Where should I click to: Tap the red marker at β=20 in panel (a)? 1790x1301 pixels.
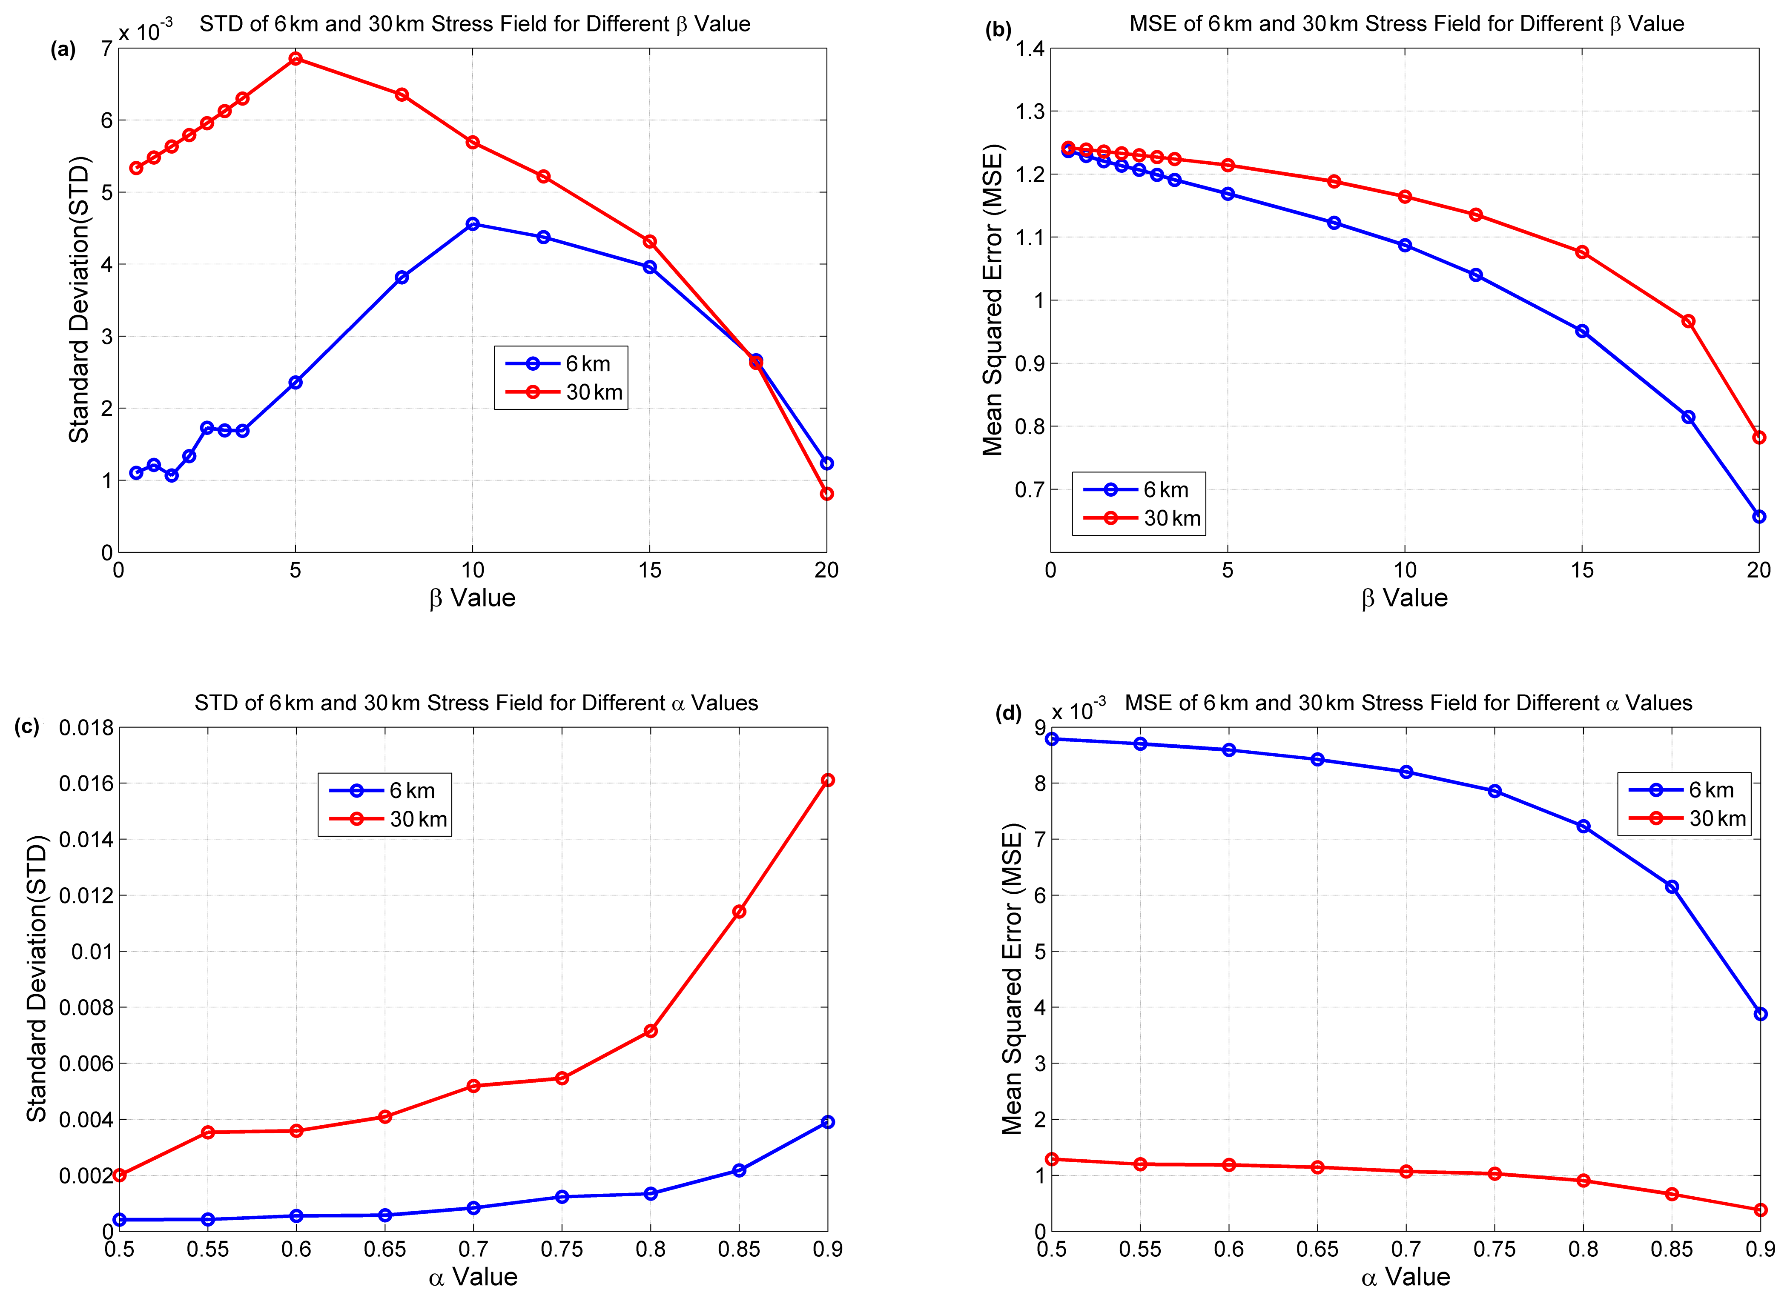(826, 494)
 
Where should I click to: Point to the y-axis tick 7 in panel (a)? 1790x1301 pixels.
(106, 49)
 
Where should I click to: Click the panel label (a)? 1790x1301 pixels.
(63, 50)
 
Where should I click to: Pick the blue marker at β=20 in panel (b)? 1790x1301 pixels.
(1758, 517)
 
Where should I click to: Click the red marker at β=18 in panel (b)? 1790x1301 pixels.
(1688, 321)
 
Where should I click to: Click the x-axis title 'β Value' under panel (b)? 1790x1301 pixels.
(1404, 598)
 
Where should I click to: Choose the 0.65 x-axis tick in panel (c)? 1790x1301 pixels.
(384, 1250)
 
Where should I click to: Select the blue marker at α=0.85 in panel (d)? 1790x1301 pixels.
(1671, 887)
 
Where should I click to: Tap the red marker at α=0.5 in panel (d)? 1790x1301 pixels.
(1051, 1159)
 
